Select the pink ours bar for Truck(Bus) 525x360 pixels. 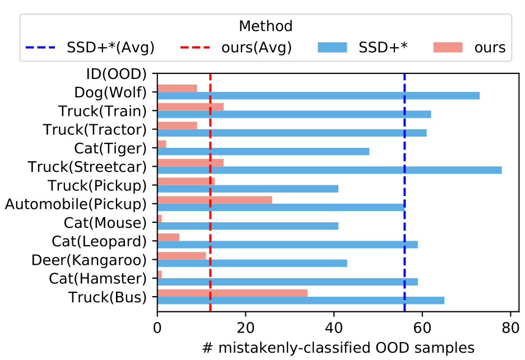click(232, 293)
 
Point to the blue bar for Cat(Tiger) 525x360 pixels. click(263, 152)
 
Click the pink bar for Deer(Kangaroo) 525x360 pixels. click(182, 256)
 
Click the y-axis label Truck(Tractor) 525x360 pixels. click(95, 130)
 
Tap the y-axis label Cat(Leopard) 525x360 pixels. click(99, 241)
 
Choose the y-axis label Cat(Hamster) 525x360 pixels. click(97, 278)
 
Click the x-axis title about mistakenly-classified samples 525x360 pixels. click(338, 348)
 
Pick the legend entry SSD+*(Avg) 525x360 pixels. click(90, 48)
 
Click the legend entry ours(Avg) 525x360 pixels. click(235, 48)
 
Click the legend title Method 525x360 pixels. click(266, 26)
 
